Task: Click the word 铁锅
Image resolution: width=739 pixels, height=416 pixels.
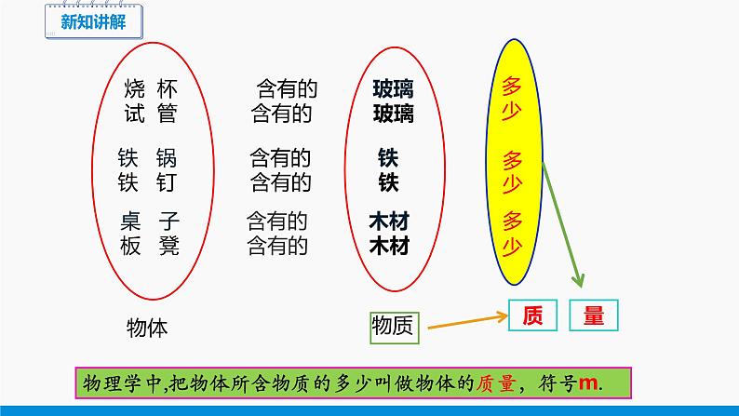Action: point(149,157)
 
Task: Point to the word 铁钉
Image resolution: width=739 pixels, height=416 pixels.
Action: point(149,181)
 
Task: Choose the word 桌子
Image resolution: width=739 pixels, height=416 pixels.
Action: point(149,222)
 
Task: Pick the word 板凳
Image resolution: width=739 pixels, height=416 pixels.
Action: point(149,247)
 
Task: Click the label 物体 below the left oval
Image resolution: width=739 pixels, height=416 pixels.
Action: point(147,327)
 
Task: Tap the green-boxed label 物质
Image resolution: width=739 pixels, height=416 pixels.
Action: point(396,325)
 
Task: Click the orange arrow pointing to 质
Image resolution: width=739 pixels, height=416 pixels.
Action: point(465,320)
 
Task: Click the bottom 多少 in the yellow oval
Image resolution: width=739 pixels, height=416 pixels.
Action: point(522,223)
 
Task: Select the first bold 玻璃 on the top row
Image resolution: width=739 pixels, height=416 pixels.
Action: point(393,90)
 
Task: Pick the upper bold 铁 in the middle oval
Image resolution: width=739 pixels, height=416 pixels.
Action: point(389,157)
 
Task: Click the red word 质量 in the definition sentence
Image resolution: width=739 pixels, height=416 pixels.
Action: point(500,383)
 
